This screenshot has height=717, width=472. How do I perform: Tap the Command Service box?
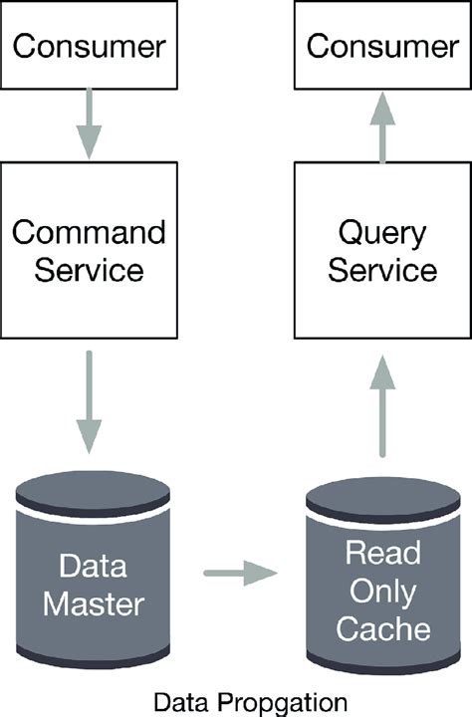[89, 251]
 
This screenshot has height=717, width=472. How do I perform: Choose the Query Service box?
[382, 251]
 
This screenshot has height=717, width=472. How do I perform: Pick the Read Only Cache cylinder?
[382, 588]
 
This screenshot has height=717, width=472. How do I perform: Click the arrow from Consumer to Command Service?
[89, 121]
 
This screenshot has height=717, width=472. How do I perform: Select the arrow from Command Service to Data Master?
[89, 402]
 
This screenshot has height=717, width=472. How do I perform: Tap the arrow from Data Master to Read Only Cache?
[239, 573]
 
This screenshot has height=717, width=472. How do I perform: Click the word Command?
[89, 233]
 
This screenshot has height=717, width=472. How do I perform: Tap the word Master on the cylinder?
[94, 603]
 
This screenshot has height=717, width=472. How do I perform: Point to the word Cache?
[382, 628]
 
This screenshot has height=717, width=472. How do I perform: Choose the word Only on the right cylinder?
[382, 590]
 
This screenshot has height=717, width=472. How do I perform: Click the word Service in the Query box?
[382, 271]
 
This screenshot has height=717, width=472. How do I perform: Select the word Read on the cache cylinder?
[382, 552]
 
